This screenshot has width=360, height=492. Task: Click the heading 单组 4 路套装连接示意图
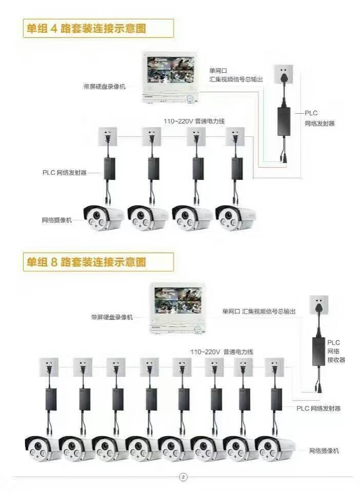point(87,28)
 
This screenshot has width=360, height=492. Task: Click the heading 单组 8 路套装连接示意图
point(87,262)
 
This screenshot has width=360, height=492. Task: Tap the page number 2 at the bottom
point(184,477)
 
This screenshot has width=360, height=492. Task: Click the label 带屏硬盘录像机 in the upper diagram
point(104,87)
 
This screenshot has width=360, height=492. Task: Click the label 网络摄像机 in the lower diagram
point(324,450)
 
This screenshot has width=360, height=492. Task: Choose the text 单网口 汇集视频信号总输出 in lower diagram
point(259,311)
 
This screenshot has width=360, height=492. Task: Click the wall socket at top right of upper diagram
point(283,74)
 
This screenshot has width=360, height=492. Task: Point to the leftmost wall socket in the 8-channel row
point(49,366)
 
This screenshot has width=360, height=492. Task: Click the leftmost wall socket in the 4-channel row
point(108,136)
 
